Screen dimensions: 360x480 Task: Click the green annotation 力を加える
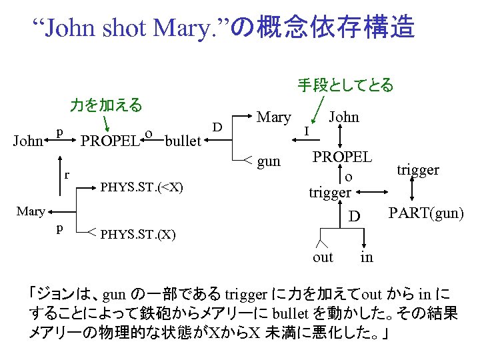pyautogui.click(x=106, y=105)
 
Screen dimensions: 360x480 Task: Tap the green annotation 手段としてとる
pyautogui.click(x=345, y=85)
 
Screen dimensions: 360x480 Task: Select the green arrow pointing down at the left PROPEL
pyautogui.click(x=105, y=124)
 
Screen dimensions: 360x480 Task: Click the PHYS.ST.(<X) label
pyautogui.click(x=141, y=186)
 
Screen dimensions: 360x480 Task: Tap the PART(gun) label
pyautogui.click(x=426, y=214)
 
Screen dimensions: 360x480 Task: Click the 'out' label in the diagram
pyautogui.click(x=323, y=257)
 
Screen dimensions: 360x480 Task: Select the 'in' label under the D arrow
pyautogui.click(x=367, y=257)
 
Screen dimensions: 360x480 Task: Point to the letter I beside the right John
pyautogui.click(x=305, y=131)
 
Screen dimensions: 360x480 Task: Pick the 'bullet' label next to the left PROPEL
pyautogui.click(x=183, y=141)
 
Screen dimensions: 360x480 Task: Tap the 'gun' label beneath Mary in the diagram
pyautogui.click(x=269, y=161)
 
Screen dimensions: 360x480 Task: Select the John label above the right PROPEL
pyautogui.click(x=343, y=117)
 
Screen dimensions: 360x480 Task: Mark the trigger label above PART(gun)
pyautogui.click(x=418, y=169)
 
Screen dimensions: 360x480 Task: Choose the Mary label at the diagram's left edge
pyautogui.click(x=31, y=211)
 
